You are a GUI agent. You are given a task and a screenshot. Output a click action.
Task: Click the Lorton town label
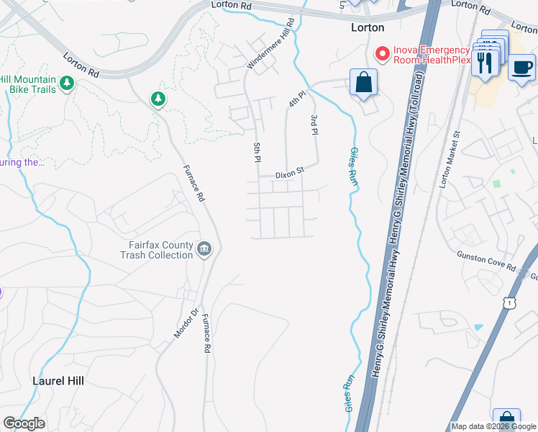(367, 27)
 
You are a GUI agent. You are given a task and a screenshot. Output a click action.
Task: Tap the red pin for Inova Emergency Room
(382, 54)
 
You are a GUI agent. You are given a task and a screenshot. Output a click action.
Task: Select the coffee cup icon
(521, 68)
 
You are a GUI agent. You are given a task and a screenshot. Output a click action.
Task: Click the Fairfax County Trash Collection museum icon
(205, 249)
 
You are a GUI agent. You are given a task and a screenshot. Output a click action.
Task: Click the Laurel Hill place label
(58, 381)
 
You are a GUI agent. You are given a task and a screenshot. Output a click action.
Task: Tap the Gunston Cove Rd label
(486, 261)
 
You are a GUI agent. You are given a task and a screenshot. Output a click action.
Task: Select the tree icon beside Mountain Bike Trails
(67, 84)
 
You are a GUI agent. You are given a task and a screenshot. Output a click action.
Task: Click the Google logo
(24, 423)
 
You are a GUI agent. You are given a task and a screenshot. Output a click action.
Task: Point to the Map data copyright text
(493, 426)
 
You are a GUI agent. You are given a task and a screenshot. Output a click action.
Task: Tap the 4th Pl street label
(297, 99)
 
